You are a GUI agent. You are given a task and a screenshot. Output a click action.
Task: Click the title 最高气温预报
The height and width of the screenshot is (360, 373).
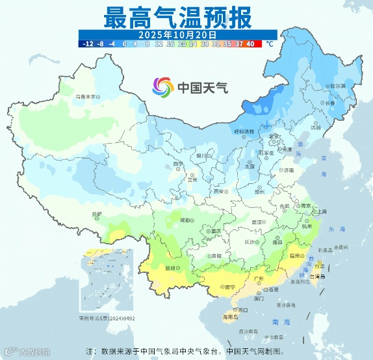(x=177, y=17)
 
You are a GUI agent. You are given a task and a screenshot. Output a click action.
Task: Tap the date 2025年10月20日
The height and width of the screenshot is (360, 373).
(x=177, y=34)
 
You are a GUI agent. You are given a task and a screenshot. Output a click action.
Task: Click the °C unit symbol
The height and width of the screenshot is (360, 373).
(x=268, y=44)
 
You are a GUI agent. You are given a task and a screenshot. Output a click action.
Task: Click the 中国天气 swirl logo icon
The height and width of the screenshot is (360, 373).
(x=163, y=86)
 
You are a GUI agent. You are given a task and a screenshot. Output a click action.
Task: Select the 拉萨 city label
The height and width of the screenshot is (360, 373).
(x=96, y=213)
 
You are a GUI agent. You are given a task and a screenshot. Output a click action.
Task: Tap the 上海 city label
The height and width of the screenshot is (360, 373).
(x=320, y=211)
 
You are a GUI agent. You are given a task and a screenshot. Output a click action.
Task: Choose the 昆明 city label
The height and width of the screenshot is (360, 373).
(x=171, y=267)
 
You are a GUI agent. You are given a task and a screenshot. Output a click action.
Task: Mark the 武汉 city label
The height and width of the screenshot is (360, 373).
(x=257, y=222)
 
